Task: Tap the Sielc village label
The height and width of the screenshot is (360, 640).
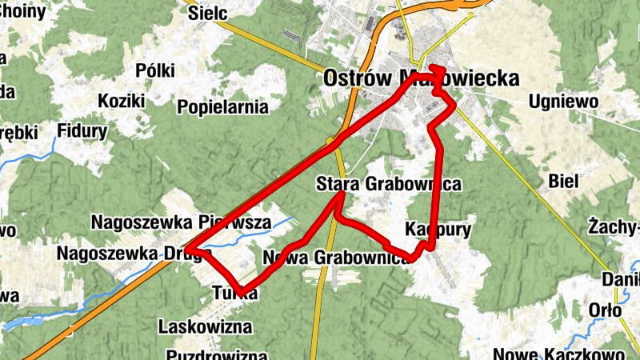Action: [x=208, y=14]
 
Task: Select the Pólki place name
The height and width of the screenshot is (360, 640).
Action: [x=155, y=70]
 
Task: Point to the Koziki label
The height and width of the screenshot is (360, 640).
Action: [x=121, y=101]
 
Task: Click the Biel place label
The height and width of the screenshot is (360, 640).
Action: [x=564, y=181]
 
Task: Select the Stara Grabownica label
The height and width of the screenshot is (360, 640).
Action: [x=389, y=184]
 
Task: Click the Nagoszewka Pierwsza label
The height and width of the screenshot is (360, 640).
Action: [x=182, y=222]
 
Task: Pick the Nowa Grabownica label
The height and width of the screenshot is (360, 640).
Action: [x=336, y=258]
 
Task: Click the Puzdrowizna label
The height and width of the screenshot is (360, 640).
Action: [x=217, y=354]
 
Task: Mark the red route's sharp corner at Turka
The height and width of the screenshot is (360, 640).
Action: [x=242, y=291]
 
